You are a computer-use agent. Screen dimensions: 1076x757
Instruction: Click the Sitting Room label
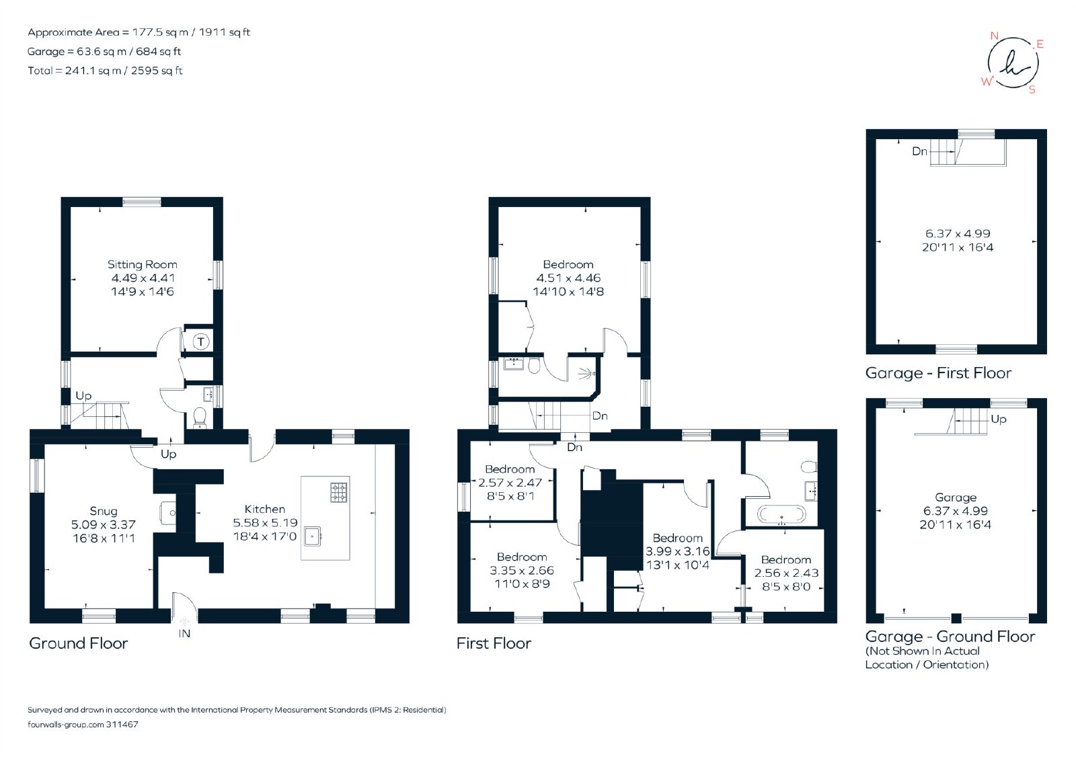(x=142, y=265)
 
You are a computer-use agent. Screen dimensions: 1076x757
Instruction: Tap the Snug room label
(x=104, y=511)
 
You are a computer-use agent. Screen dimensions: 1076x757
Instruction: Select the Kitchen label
(x=265, y=509)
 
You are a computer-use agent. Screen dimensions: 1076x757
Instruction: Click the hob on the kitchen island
(x=339, y=492)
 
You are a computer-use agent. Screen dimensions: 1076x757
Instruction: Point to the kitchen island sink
(x=313, y=536)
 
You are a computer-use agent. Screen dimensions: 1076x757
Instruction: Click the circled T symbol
(x=201, y=342)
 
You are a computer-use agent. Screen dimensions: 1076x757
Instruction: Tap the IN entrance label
(x=184, y=633)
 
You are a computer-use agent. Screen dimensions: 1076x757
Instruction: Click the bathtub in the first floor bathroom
(x=781, y=514)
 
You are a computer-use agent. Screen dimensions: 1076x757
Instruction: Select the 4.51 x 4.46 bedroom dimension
(x=568, y=278)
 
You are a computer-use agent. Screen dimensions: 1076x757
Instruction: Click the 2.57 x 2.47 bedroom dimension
(x=510, y=483)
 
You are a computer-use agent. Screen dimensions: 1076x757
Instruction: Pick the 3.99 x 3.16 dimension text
(x=677, y=551)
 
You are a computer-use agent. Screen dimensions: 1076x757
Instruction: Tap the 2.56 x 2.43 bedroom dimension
(x=786, y=573)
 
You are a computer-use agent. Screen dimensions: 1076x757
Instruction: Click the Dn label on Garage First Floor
(x=919, y=151)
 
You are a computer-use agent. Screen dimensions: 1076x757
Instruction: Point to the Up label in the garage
(x=998, y=420)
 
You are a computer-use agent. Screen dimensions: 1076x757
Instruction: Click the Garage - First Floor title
(x=938, y=373)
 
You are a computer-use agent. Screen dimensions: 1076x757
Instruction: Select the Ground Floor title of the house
(x=78, y=643)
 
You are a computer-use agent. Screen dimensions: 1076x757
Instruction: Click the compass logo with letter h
(x=1013, y=63)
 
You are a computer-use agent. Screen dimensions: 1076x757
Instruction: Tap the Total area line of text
(x=105, y=71)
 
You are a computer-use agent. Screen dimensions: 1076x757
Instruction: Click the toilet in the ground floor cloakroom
(x=199, y=417)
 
